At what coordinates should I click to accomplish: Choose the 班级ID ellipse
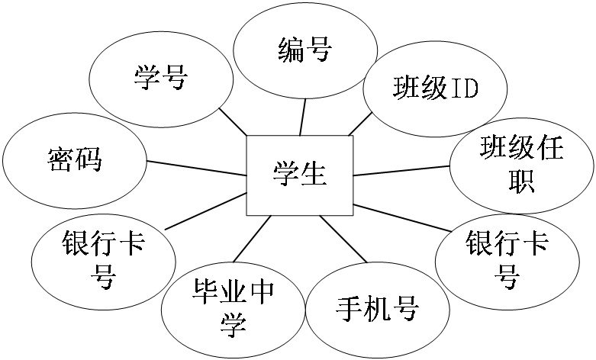point(435,88)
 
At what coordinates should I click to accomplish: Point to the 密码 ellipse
point(74,161)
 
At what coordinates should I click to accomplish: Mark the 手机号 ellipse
point(377,310)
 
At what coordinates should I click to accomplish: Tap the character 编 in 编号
point(290,50)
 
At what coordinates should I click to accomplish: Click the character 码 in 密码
point(89,161)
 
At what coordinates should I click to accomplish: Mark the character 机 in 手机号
point(377,310)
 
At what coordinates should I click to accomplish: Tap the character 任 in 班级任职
point(549,147)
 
